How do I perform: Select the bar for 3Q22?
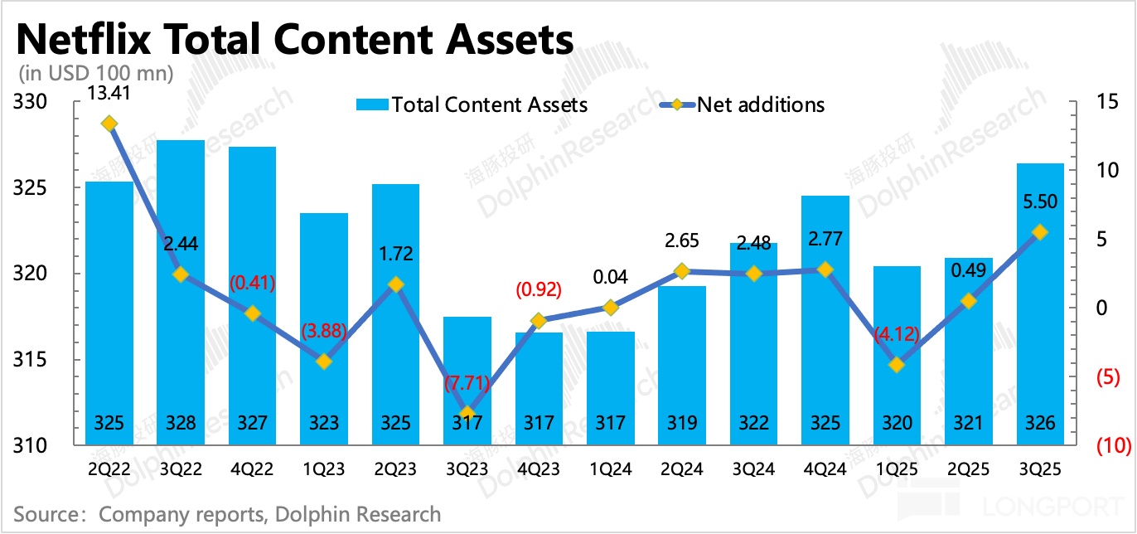(x=181, y=290)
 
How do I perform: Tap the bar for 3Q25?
(x=1040, y=303)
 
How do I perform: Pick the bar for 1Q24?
(x=611, y=386)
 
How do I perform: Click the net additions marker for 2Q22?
(x=109, y=124)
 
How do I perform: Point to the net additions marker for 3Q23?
(x=467, y=413)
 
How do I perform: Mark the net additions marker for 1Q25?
(x=897, y=364)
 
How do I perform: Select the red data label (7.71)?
(x=467, y=385)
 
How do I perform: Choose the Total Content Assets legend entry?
(x=472, y=104)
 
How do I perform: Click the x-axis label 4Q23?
(x=539, y=470)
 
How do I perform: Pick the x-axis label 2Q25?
(x=969, y=470)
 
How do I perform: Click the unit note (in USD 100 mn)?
(x=95, y=73)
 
